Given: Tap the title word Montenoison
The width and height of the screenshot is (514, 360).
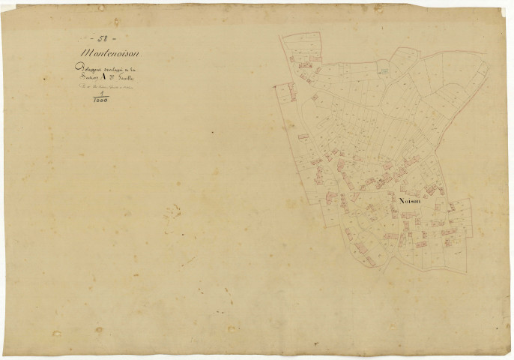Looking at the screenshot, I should point(112,52).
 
